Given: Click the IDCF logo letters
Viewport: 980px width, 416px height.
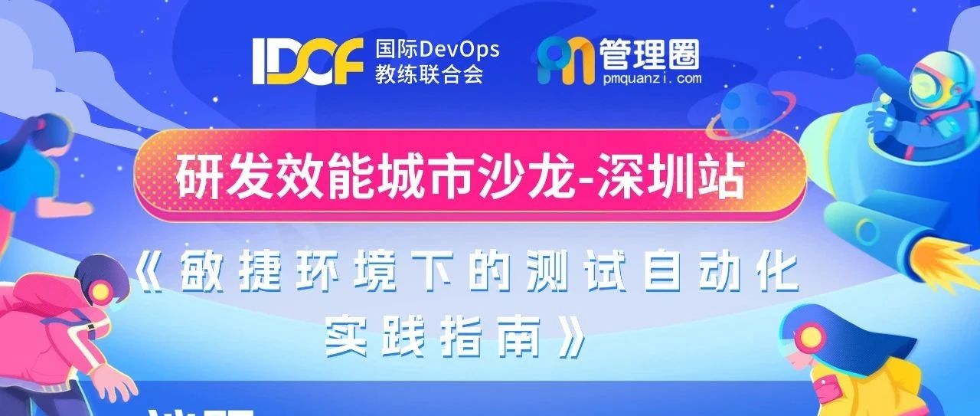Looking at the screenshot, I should (x=307, y=62).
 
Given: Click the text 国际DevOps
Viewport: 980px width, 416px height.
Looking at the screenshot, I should (x=436, y=51).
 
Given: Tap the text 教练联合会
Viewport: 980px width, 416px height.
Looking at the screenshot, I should (x=429, y=75).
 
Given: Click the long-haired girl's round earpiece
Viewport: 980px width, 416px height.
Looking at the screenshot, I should (x=809, y=336).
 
